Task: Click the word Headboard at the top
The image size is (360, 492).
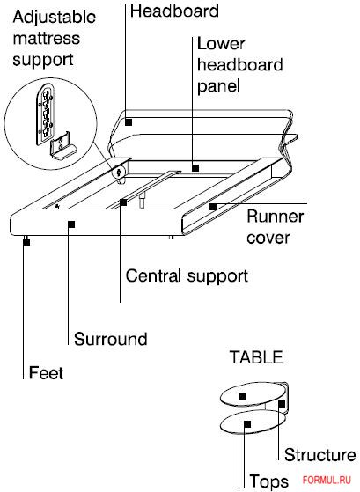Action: pos(174,11)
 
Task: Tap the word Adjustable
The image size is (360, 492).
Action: pos(55,18)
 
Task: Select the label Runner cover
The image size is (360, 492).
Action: pos(275,227)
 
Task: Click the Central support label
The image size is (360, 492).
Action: pos(187,276)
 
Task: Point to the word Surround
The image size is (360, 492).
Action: pos(111,339)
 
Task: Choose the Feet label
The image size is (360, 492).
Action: pos(46,373)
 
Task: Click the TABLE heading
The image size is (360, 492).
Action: pos(256,357)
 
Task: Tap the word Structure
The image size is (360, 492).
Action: pos(320,455)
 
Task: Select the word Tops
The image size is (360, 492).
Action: pos(268,481)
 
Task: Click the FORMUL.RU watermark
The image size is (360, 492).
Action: pos(327,480)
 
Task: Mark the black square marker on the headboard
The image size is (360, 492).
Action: pos(129,122)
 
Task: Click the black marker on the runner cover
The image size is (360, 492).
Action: pos(213,207)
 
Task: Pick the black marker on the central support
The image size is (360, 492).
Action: pos(123,202)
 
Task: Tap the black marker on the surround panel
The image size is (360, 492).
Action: pos(71,224)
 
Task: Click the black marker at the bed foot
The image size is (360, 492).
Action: pos(26,242)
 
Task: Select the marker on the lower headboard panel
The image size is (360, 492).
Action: pos(195,168)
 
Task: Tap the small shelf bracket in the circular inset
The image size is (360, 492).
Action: pos(62,146)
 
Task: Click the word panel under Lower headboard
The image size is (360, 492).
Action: pos(218,86)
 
